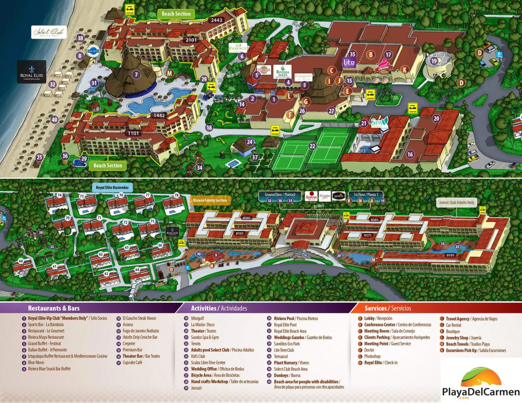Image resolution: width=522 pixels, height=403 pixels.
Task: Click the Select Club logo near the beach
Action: click(x=49, y=32)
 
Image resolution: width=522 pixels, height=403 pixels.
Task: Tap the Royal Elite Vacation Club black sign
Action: click(x=31, y=72)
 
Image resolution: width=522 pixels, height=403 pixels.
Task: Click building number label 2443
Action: click(x=216, y=20)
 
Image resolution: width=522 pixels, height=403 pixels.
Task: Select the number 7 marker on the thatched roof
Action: click(x=136, y=74)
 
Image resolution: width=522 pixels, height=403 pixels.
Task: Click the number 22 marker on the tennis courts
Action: click(x=312, y=146)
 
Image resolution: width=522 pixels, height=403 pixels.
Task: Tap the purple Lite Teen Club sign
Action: click(x=349, y=63)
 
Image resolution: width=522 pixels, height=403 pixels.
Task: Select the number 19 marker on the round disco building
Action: click(x=434, y=61)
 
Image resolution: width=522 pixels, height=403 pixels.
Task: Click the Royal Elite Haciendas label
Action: click(x=112, y=187)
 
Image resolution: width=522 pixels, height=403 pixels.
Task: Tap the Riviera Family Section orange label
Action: click(x=210, y=200)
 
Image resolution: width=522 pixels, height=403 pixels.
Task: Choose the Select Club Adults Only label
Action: click(x=456, y=203)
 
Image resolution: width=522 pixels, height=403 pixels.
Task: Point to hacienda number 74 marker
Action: click(x=59, y=195)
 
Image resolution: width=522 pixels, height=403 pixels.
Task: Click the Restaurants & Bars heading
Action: click(x=54, y=308)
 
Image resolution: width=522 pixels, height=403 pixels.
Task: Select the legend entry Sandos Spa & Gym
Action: click(x=205, y=337)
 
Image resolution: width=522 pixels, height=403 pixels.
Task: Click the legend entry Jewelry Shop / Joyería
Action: click(x=463, y=338)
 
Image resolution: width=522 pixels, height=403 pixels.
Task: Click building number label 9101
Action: click(x=450, y=255)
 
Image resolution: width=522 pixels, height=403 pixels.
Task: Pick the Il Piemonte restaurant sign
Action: click(x=238, y=48)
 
